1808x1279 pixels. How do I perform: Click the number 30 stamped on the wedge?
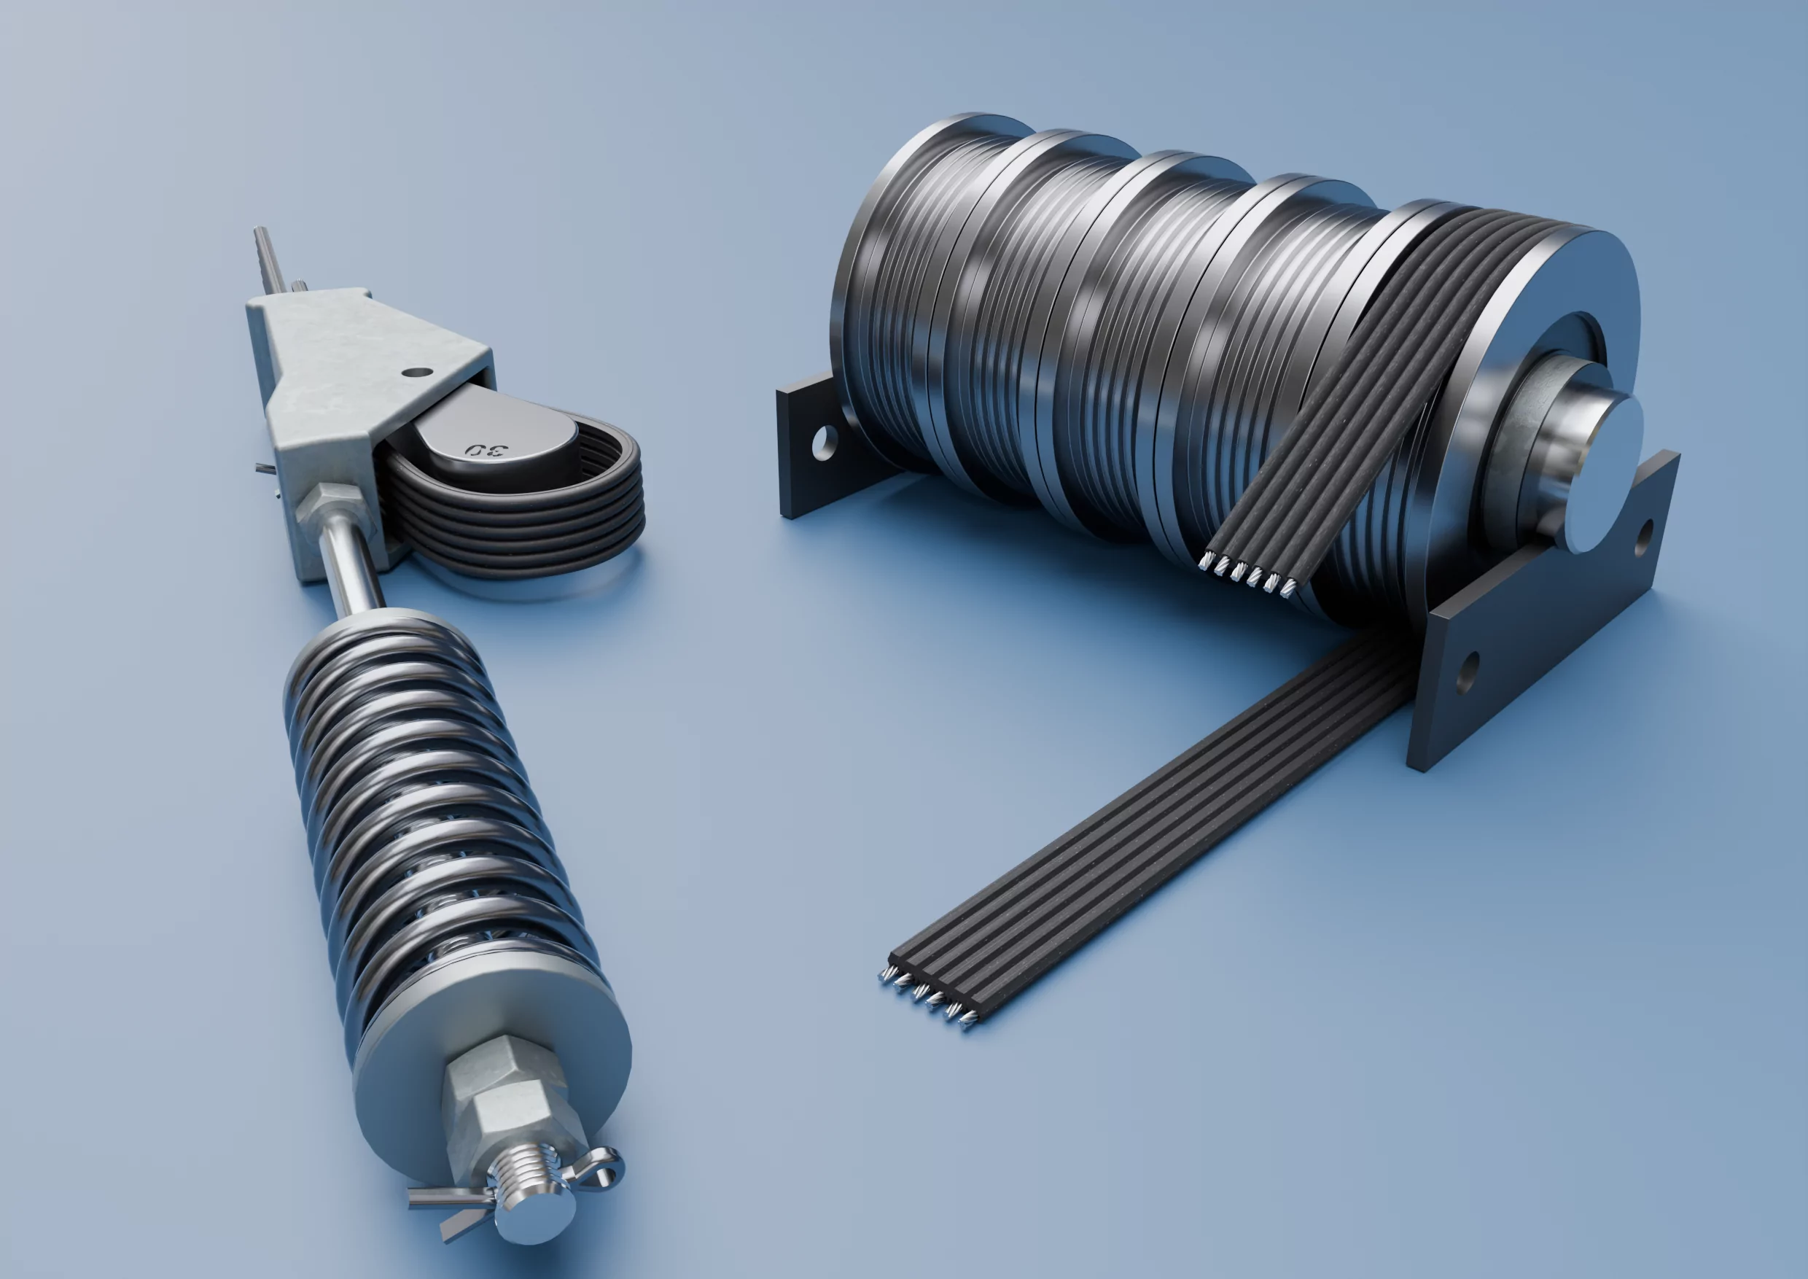click(x=487, y=450)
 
